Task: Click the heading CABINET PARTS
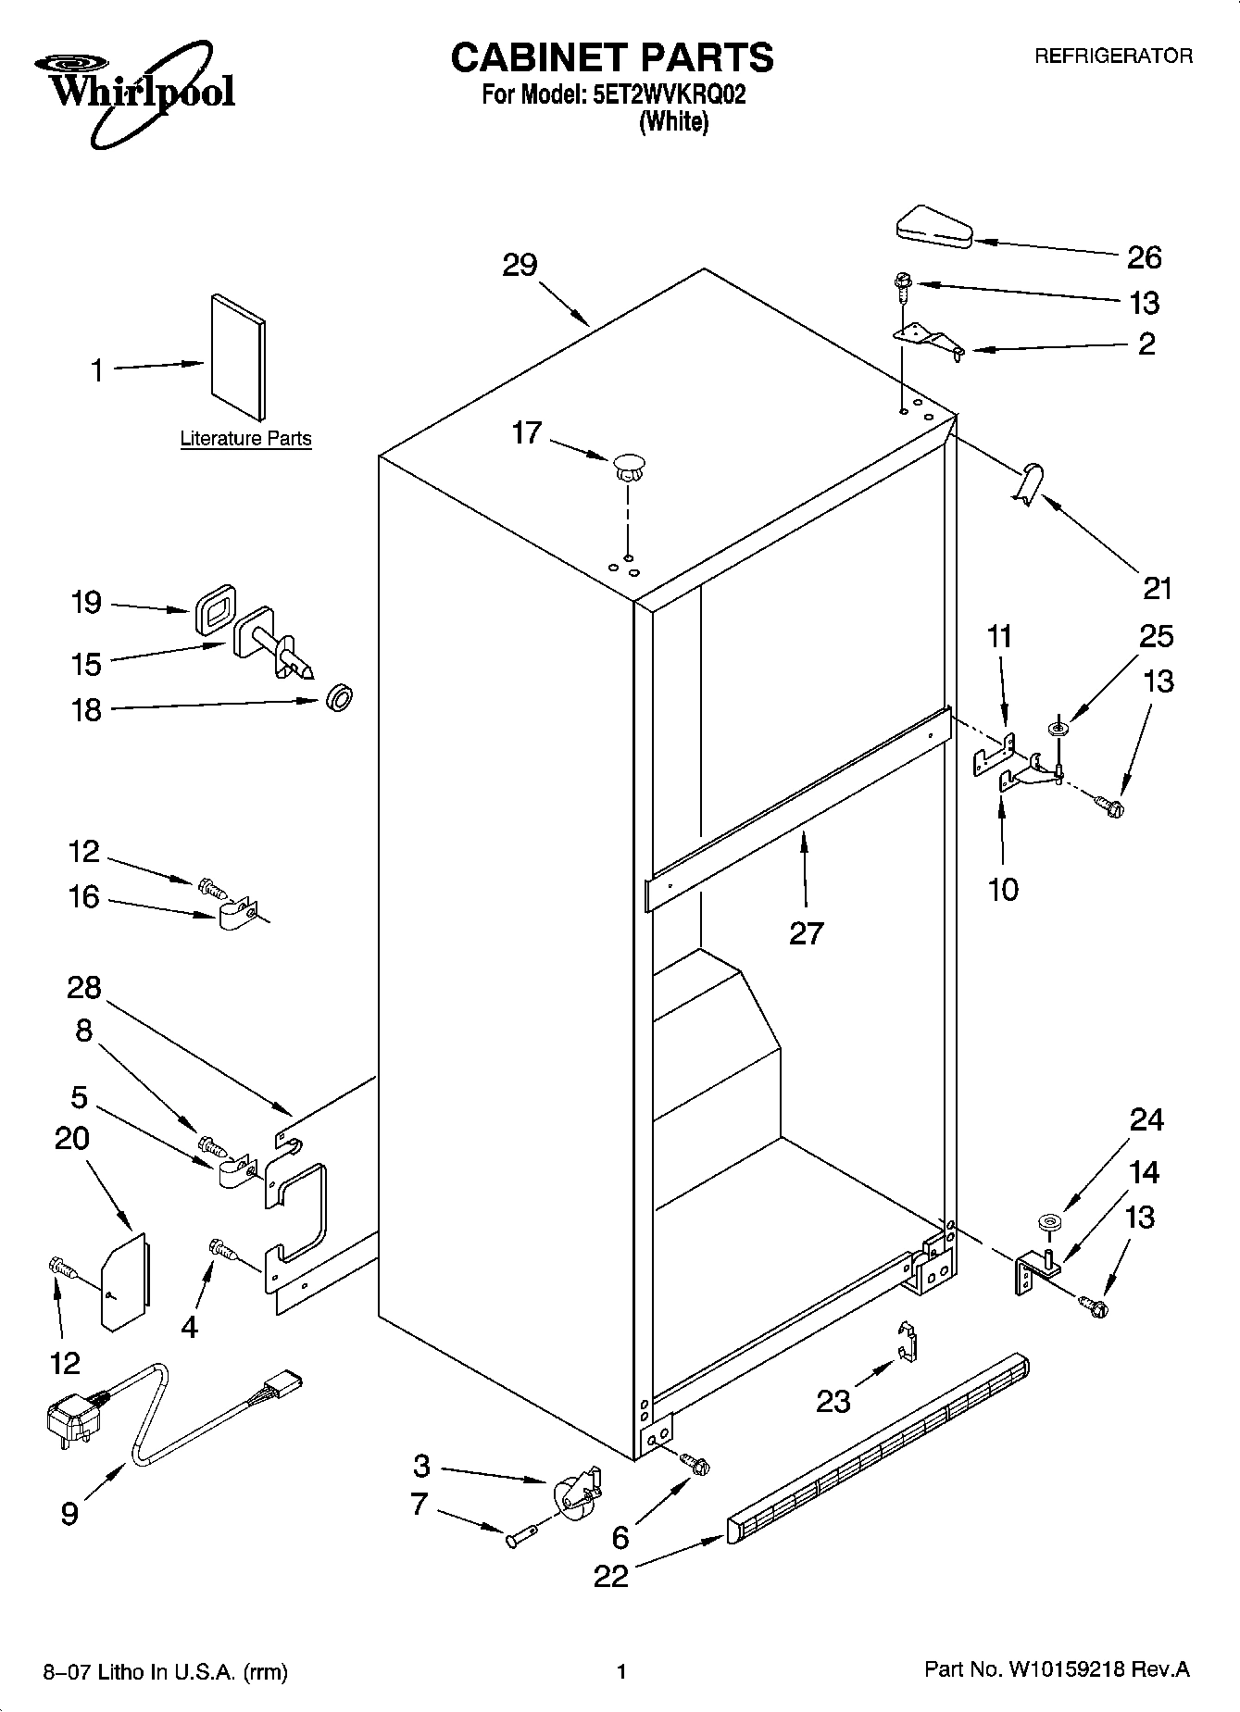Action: coord(612,57)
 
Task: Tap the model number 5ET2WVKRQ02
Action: coord(668,94)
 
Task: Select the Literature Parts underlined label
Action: coord(245,439)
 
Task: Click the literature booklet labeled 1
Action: coord(238,356)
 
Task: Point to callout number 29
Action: coord(520,266)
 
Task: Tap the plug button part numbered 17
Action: coord(629,467)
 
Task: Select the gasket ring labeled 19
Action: coord(215,608)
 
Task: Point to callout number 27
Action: coord(806,932)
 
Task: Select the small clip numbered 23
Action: coord(908,1341)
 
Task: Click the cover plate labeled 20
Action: coord(123,1281)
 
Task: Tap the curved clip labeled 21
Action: coord(1029,485)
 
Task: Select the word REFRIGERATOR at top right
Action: coord(1112,56)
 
